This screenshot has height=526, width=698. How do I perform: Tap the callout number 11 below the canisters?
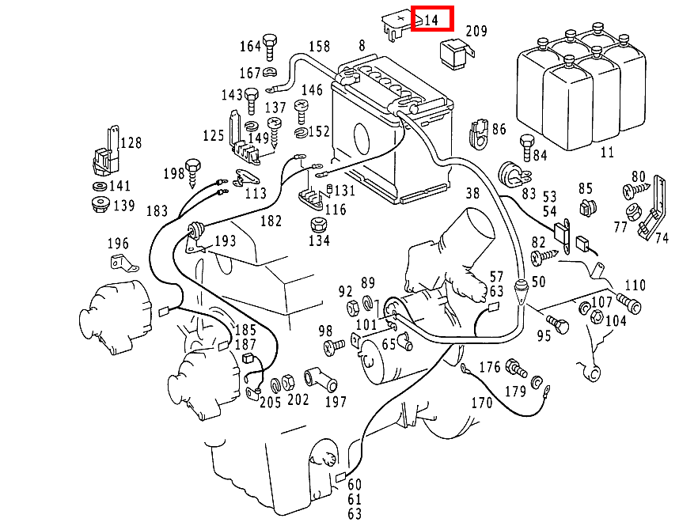[x=606, y=152]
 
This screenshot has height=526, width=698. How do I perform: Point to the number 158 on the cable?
[x=319, y=46]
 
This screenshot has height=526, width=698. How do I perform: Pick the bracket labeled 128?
[x=105, y=155]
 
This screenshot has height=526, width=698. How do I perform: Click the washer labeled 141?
[x=99, y=187]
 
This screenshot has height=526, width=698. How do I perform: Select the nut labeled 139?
[x=99, y=206]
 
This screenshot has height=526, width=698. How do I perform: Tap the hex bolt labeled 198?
[x=194, y=170]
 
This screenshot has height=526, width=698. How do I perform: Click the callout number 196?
[x=117, y=243]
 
